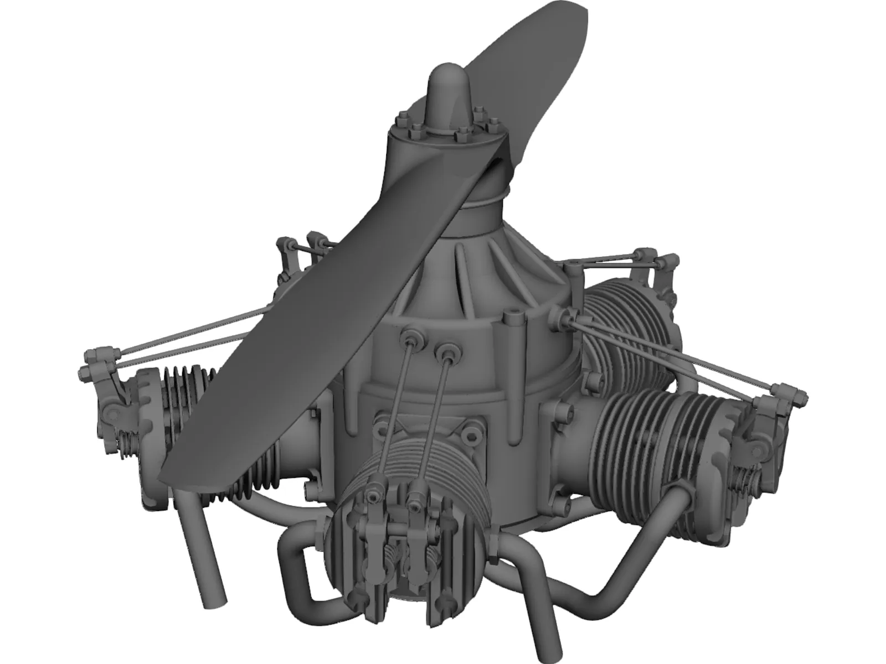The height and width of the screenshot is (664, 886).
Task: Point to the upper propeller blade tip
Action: coord(570,17)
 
